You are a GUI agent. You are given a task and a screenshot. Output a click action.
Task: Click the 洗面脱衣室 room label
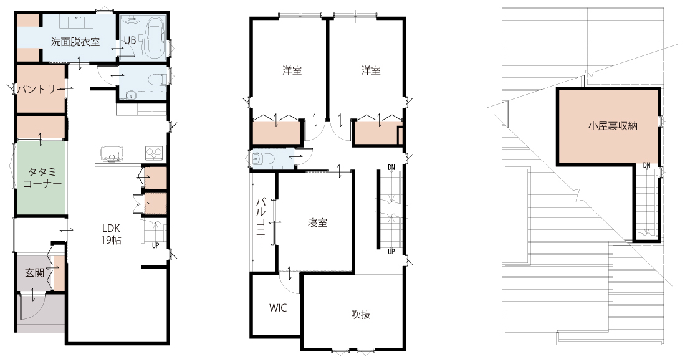(x=75, y=42)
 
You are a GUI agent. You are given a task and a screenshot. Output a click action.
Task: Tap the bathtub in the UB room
(x=154, y=38)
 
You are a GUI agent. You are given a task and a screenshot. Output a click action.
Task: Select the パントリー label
(x=37, y=90)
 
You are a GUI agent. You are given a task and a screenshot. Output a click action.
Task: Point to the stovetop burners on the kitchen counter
(x=154, y=153)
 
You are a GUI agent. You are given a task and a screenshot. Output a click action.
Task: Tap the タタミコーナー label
(x=42, y=178)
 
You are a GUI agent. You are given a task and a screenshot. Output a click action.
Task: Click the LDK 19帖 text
(x=112, y=234)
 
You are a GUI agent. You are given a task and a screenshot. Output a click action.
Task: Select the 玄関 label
(x=34, y=274)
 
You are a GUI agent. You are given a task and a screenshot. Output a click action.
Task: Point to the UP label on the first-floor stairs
(x=156, y=245)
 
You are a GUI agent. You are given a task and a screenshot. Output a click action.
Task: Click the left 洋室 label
(x=292, y=70)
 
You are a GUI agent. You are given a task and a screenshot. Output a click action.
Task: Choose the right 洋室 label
(x=370, y=70)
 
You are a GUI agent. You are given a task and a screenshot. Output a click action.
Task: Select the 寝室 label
(x=317, y=222)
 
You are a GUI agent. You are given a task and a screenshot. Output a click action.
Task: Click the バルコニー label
(x=261, y=222)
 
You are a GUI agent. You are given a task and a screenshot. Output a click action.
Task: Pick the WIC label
(x=278, y=308)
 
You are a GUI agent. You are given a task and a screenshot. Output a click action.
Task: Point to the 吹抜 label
(x=361, y=315)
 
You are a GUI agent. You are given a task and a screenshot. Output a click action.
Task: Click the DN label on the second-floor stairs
(x=391, y=167)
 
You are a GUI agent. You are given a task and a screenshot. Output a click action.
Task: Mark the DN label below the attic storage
(x=646, y=165)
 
